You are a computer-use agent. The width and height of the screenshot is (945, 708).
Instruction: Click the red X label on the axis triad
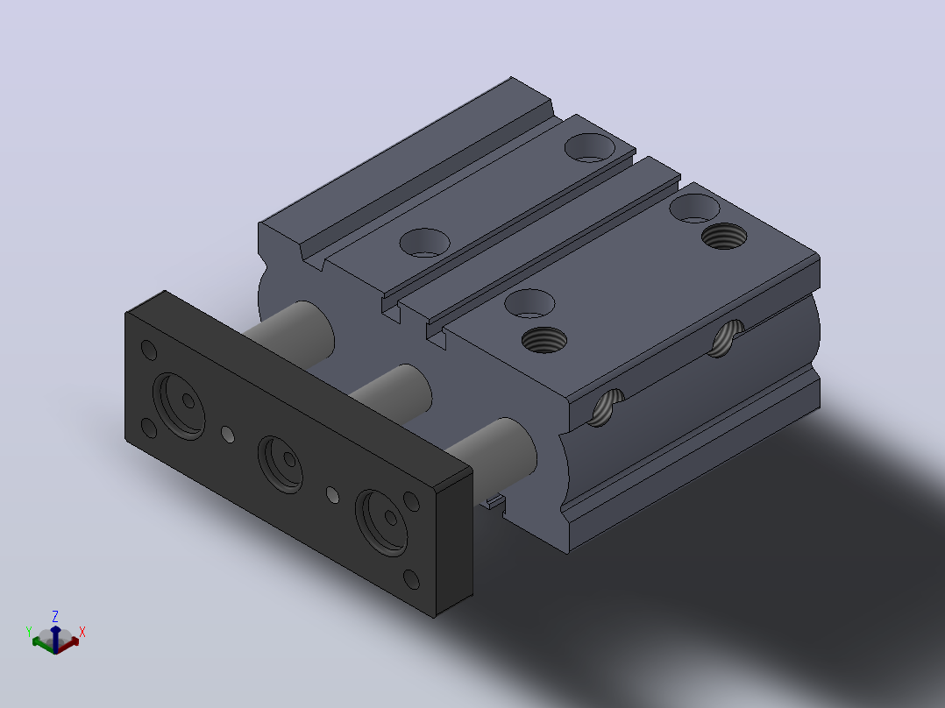click(x=82, y=632)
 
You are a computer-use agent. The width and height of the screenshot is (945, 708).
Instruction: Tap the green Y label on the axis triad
click(x=28, y=632)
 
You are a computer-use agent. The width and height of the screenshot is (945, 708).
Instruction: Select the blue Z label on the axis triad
click(x=55, y=616)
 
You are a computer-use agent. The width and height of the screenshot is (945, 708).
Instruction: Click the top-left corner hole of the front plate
click(x=148, y=350)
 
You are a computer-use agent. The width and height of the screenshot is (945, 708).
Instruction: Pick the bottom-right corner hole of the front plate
click(x=411, y=579)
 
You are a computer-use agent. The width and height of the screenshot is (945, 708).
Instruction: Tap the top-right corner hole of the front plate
click(x=411, y=501)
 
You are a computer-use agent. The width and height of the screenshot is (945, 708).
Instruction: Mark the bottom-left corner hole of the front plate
click(x=148, y=428)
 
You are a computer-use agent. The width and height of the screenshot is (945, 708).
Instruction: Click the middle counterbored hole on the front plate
click(x=281, y=464)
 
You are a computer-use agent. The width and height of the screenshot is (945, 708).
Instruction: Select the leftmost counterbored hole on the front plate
click(x=179, y=406)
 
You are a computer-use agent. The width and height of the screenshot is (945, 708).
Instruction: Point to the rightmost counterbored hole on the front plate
click(x=381, y=522)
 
